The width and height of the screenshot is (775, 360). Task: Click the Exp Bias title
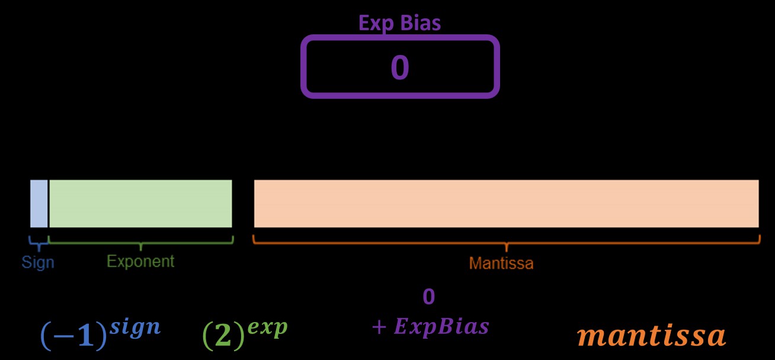(x=399, y=23)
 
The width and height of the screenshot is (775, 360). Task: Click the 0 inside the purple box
(x=400, y=67)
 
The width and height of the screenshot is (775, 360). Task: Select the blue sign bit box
(x=39, y=203)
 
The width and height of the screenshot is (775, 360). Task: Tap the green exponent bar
(x=140, y=203)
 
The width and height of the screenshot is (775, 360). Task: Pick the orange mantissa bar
(x=507, y=203)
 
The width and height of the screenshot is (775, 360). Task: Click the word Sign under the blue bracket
(x=38, y=262)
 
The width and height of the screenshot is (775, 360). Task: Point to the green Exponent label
(x=140, y=262)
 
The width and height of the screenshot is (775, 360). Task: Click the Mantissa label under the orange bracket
(x=501, y=263)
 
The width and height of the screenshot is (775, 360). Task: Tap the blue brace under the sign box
(x=39, y=243)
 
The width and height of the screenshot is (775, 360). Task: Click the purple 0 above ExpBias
(x=428, y=297)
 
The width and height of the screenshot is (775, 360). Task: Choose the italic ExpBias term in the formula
(x=441, y=327)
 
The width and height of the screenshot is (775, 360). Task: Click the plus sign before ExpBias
(x=379, y=327)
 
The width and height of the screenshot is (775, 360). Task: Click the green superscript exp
(x=267, y=328)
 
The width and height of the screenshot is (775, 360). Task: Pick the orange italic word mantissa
(x=651, y=335)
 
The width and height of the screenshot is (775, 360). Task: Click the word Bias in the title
(x=420, y=23)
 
